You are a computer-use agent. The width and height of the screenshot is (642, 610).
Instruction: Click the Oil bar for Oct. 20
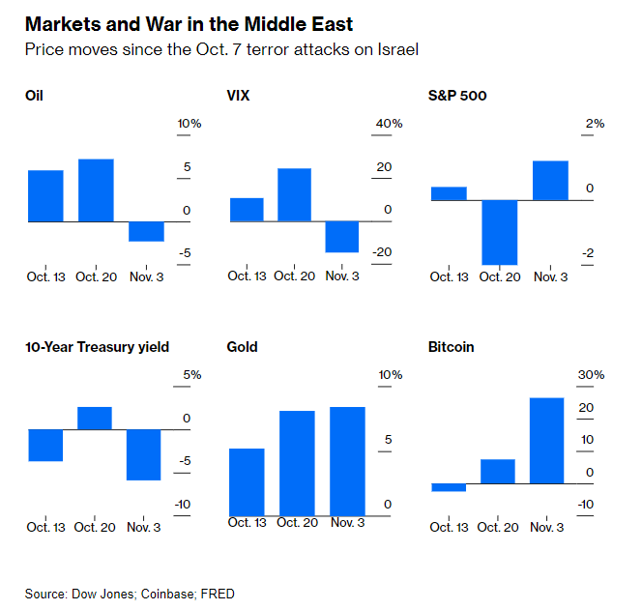tap(96, 190)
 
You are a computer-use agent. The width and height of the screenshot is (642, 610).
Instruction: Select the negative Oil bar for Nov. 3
tap(146, 231)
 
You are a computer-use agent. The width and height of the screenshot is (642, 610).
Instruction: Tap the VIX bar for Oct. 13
tap(247, 210)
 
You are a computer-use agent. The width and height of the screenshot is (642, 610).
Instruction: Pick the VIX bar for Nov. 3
tap(342, 237)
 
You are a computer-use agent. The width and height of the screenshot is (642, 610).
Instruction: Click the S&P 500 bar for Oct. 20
tap(499, 232)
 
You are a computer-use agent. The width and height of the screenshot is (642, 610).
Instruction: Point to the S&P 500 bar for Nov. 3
tap(549, 181)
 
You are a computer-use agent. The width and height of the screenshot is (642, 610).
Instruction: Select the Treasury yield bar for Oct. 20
tap(95, 418)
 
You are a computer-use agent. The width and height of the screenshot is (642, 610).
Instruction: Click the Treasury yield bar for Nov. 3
tap(144, 454)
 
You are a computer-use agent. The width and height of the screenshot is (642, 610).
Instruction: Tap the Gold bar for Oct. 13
tap(247, 480)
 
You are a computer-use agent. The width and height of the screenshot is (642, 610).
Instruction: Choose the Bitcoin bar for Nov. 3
tap(546, 440)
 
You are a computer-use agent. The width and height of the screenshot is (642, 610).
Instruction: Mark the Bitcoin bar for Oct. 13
tap(448, 487)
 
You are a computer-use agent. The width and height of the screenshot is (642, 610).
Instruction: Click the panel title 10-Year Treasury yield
tap(98, 347)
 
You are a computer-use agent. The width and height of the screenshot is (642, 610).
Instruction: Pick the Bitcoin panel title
tap(451, 347)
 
